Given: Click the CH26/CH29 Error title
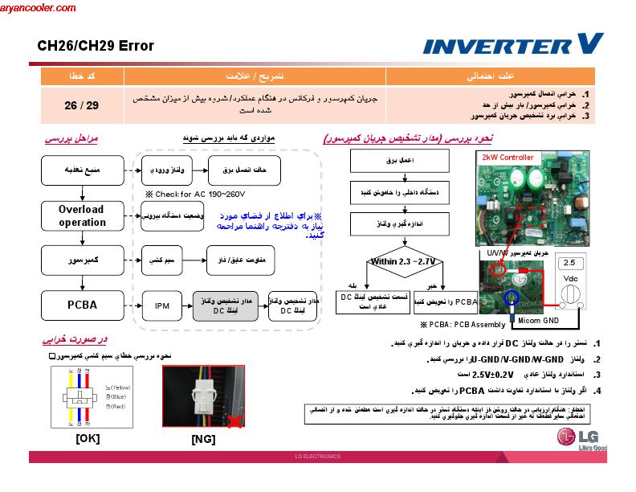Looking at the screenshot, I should pyautogui.click(x=96, y=46).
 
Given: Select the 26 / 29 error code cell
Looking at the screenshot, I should pyautogui.click(x=81, y=105).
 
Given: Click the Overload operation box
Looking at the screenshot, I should pyautogui.click(x=81, y=215).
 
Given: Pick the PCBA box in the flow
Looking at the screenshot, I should pyautogui.click(x=81, y=305).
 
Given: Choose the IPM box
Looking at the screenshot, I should pyautogui.click(x=162, y=305).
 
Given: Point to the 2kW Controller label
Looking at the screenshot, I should pyautogui.click(x=507, y=158).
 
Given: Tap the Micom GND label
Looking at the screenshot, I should pyautogui.click(x=538, y=320).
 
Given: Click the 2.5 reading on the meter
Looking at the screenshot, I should pyautogui.click(x=570, y=263).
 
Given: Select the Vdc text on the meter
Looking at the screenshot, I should pyautogui.click(x=571, y=278).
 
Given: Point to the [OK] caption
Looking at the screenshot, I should pyautogui.click(x=88, y=438).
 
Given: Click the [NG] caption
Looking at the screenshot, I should pyautogui.click(x=203, y=439).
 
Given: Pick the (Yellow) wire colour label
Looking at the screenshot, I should pyautogui.click(x=120, y=387).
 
